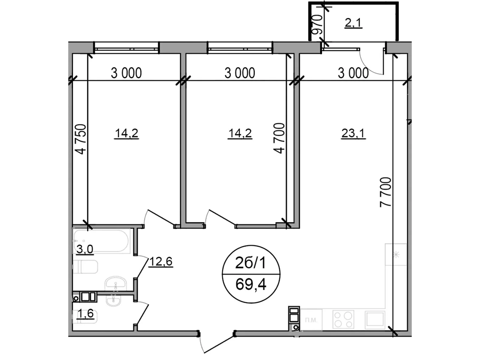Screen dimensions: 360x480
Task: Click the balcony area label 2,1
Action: click(x=353, y=23)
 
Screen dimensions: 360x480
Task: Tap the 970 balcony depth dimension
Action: click(x=317, y=24)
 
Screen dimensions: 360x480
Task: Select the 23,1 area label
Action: click(x=353, y=133)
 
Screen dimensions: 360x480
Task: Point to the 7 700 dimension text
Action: click(x=386, y=192)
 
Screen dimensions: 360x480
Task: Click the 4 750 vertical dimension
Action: click(x=81, y=139)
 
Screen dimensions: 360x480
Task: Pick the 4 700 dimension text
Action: click(x=279, y=138)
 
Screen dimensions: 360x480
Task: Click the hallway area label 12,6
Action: click(x=161, y=262)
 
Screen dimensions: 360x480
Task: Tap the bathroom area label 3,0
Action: click(x=85, y=249)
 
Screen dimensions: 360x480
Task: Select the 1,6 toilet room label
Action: click(x=85, y=313)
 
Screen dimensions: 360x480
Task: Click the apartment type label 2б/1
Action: click(x=250, y=263)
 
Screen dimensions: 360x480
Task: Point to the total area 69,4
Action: click(x=251, y=284)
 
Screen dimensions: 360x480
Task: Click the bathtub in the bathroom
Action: click(x=101, y=241)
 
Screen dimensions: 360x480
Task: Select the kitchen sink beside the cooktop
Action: click(x=375, y=319)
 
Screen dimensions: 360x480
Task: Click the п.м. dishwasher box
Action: click(x=311, y=320)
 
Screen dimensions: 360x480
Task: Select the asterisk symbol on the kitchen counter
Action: click(x=396, y=255)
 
